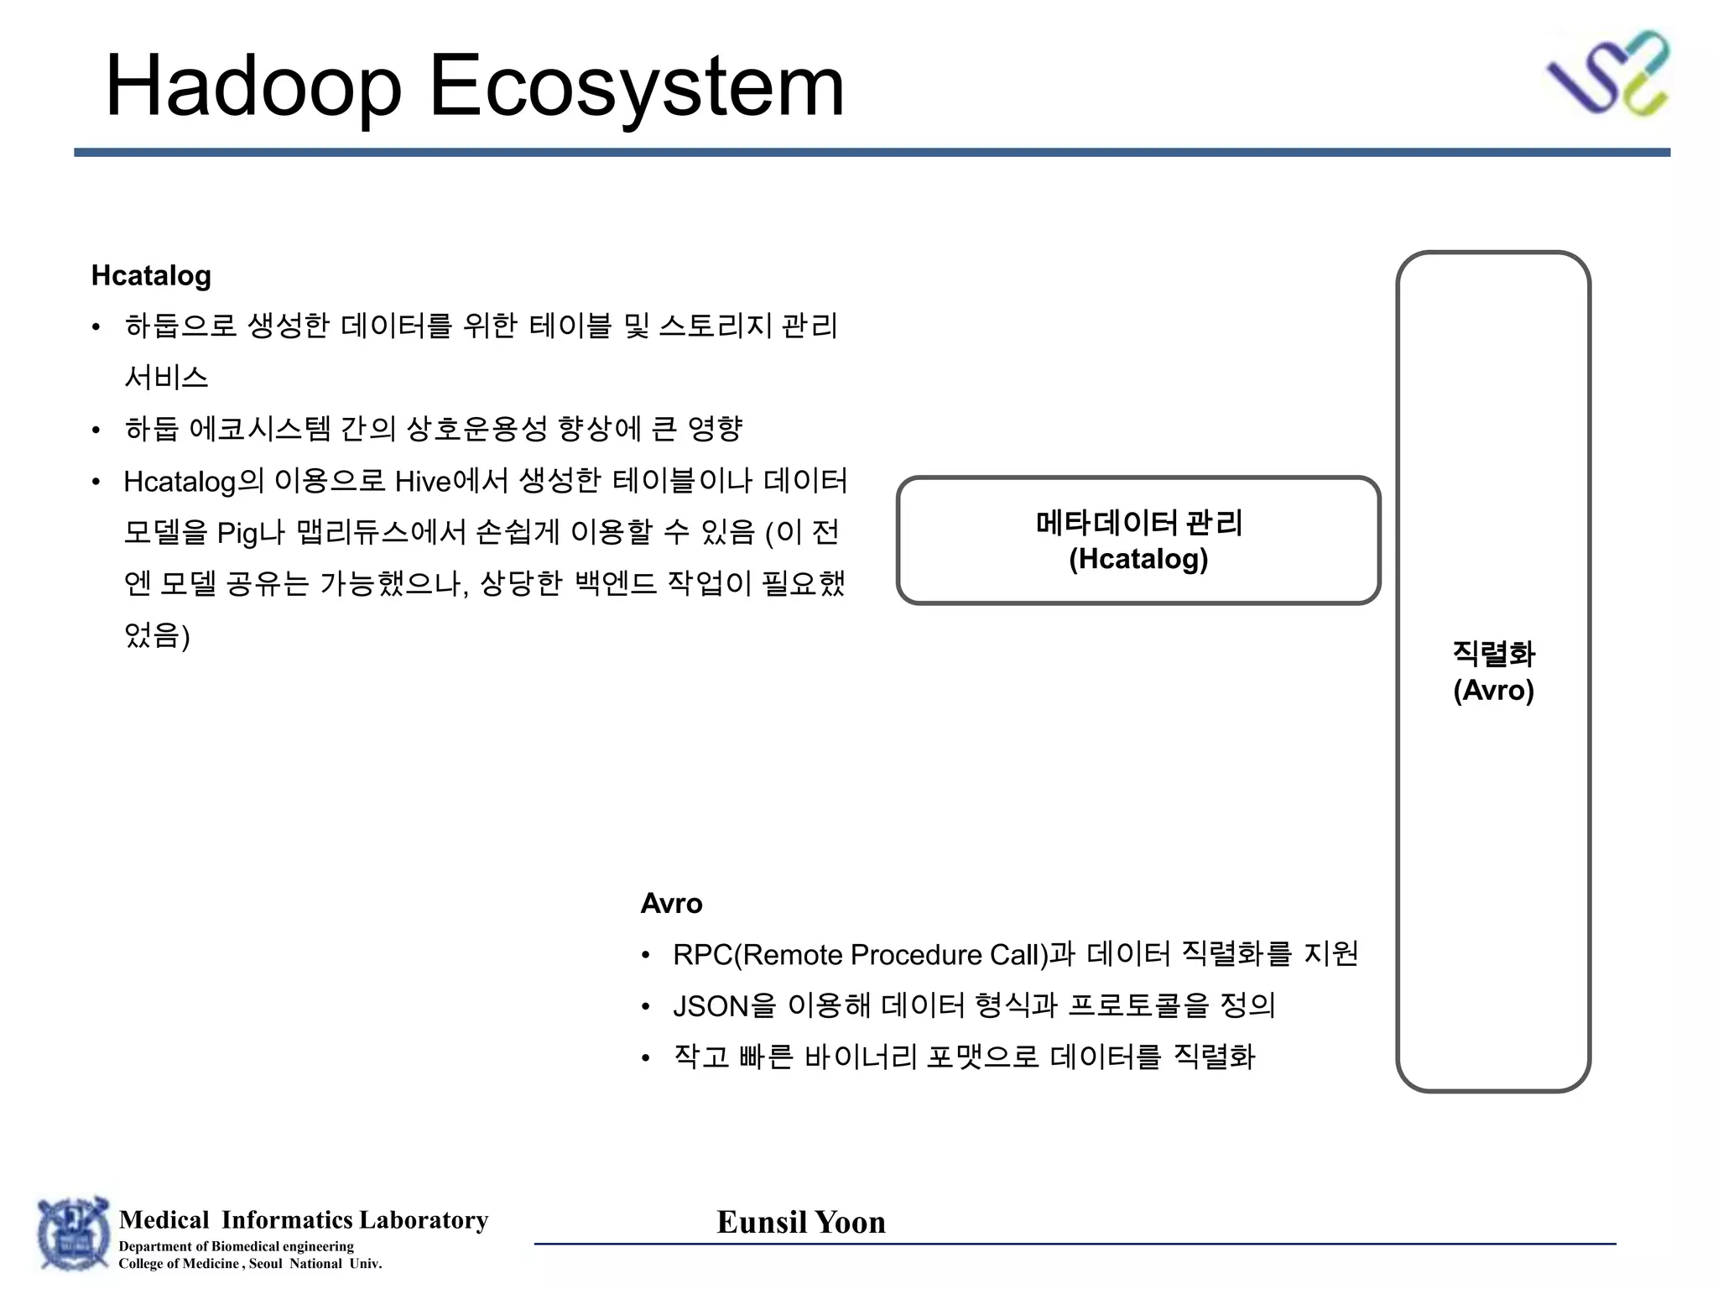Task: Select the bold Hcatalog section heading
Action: coord(151,275)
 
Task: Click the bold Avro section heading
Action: coord(671,903)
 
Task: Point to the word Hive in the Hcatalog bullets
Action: coord(423,482)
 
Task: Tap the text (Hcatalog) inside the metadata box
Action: coord(1138,559)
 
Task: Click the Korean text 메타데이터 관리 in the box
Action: coord(1138,523)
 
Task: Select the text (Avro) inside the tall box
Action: coord(1493,690)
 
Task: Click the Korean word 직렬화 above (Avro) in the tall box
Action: coord(1493,653)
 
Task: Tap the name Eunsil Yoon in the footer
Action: coord(801,1222)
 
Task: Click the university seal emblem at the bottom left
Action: coord(74,1233)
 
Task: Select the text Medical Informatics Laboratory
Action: coord(304,1219)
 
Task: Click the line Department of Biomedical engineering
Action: coord(236,1246)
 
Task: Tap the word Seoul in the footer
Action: coord(265,1264)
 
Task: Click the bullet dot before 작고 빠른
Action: coord(645,1058)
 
